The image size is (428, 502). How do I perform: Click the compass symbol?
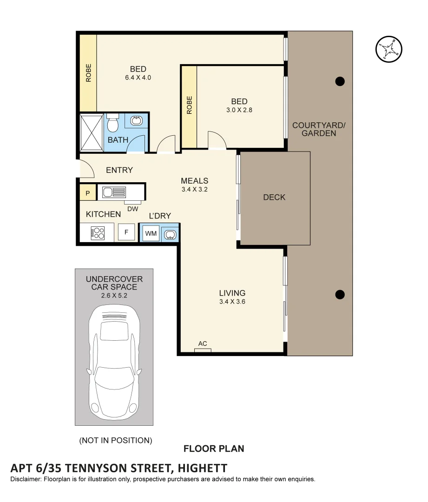tap(388, 49)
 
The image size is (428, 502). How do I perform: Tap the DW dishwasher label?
tap(132, 209)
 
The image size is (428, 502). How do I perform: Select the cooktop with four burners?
tap(98, 232)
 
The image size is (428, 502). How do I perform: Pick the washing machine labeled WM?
tap(151, 233)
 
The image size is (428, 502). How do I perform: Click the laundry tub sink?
tap(170, 233)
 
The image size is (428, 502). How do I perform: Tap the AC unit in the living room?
tap(203, 350)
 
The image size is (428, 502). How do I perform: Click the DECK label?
tap(274, 198)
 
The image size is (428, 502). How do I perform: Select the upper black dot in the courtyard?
tap(340, 81)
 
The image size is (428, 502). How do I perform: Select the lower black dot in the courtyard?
tap(340, 294)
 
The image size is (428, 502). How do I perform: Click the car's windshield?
tap(114, 331)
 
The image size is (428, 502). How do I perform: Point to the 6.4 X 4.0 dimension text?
tap(138, 78)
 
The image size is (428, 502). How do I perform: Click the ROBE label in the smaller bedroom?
tap(189, 105)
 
